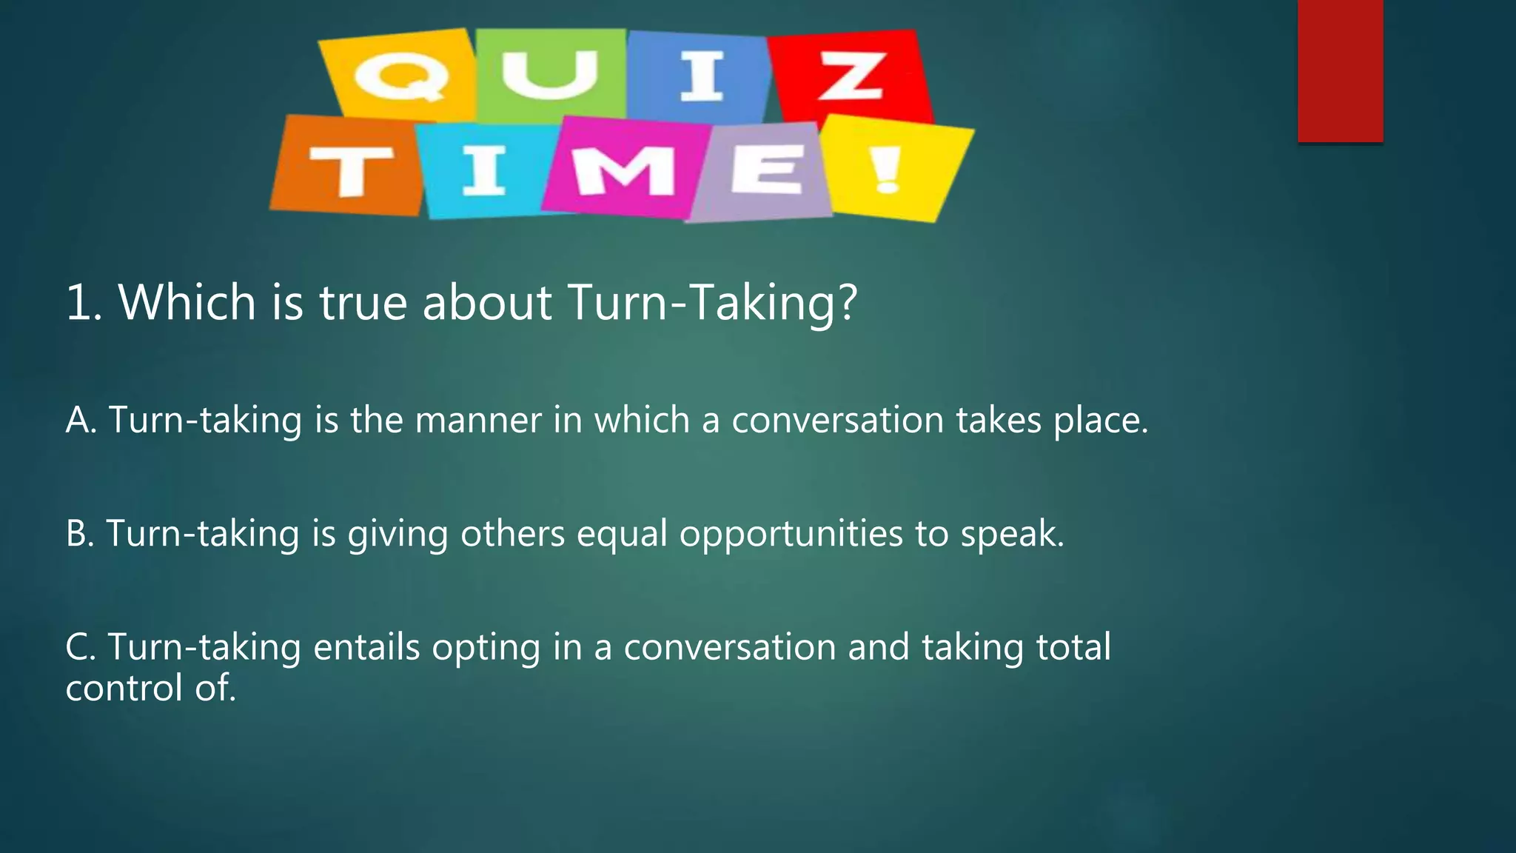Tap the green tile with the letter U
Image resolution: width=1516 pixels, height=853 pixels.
tap(551, 74)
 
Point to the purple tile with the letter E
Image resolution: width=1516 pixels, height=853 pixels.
tap(762, 172)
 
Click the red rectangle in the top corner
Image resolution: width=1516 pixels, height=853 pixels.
tap(1340, 70)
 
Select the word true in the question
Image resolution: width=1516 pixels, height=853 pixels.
tap(363, 302)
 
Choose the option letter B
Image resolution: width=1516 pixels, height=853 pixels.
tap(79, 533)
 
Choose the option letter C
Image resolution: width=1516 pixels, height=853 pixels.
tap(79, 646)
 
